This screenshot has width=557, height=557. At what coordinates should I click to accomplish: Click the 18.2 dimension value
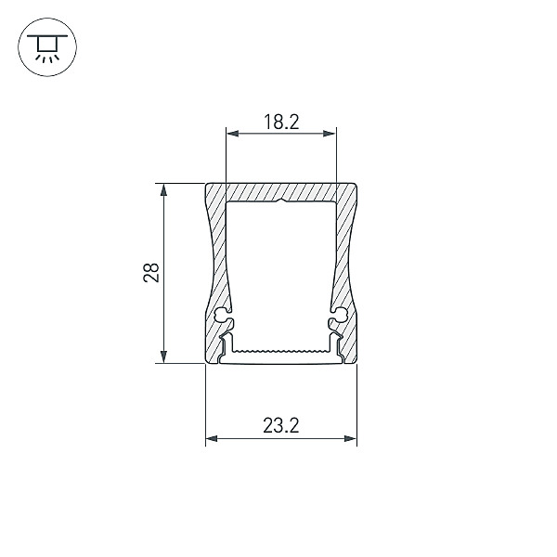[x=281, y=122]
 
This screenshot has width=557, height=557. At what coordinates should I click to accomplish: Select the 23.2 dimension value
[x=281, y=425]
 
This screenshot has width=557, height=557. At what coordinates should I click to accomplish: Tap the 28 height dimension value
[x=151, y=273]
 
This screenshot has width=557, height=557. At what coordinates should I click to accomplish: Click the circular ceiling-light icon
[x=47, y=47]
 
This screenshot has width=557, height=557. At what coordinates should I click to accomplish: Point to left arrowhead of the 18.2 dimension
[x=232, y=134]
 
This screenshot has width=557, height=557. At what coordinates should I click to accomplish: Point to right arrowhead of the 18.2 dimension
[x=330, y=134]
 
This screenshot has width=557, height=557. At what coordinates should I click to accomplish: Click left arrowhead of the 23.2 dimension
[x=212, y=439]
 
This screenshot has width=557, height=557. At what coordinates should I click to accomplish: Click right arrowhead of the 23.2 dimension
[x=351, y=439]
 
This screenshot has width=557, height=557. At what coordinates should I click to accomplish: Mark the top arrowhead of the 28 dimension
[x=163, y=189]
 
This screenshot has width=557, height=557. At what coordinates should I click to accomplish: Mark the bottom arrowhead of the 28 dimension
[x=163, y=356]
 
